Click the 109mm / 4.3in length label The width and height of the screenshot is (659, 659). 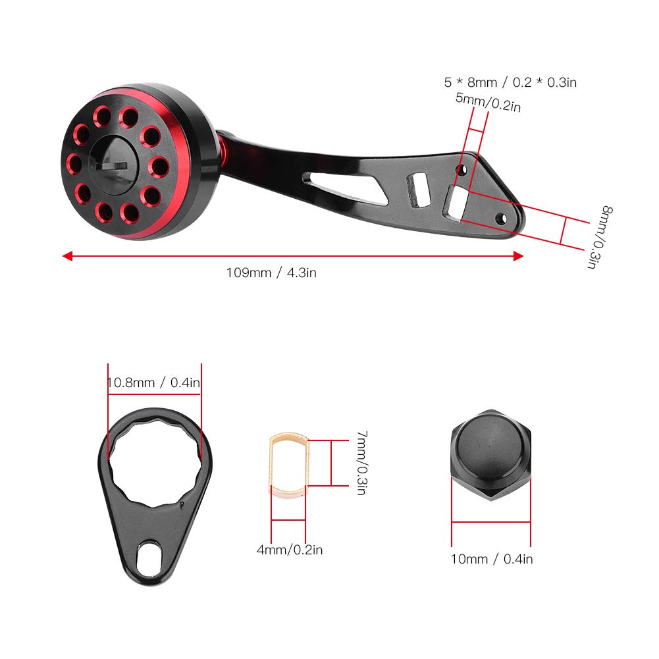(x=271, y=273)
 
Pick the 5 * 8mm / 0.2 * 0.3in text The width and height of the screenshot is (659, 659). (x=510, y=83)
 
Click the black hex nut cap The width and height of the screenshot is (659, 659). (x=490, y=454)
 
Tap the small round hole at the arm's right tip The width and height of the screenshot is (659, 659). (x=504, y=217)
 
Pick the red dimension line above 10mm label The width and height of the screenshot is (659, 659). (x=490, y=522)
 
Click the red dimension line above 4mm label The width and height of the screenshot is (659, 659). (x=288, y=521)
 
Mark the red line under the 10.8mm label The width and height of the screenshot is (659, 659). (x=155, y=394)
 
